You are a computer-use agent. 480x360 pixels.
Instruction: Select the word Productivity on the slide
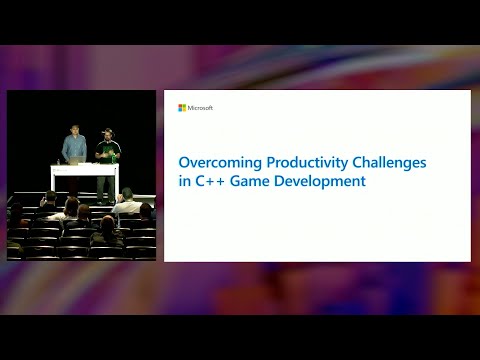290,161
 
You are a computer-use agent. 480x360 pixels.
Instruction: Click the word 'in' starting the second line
184,182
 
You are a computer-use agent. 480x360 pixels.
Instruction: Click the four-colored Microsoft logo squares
182,108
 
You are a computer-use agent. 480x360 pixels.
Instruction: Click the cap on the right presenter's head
107,130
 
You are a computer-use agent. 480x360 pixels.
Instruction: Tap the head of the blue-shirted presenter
74,129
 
